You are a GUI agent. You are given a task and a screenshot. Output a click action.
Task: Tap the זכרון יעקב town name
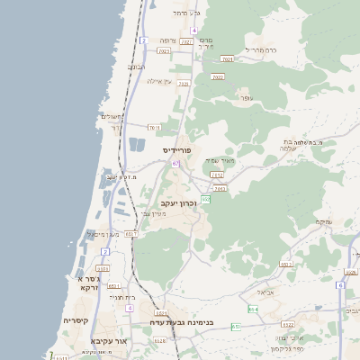(177, 204)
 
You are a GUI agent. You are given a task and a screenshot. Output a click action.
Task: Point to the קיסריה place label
(75, 319)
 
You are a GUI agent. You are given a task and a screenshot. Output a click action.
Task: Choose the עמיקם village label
(324, 221)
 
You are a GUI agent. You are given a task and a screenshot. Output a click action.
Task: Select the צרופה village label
(169, 41)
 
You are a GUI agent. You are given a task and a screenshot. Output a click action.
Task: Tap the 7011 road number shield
(154, 127)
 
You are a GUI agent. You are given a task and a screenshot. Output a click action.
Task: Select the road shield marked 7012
(216, 175)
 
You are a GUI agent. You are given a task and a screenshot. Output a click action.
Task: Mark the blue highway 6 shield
(340, 284)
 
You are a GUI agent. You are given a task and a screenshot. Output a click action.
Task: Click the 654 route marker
(253, 309)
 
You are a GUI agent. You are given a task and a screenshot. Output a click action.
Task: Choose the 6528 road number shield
(160, 340)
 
